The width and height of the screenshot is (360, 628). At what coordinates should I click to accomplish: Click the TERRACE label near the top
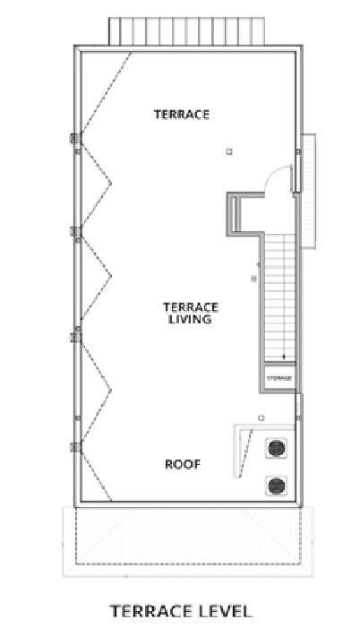click(x=181, y=114)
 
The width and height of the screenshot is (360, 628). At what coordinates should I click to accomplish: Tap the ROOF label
click(x=182, y=464)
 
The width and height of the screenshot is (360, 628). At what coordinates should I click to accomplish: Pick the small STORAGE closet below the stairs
click(x=279, y=378)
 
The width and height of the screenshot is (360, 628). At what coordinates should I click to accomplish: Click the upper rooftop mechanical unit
click(x=276, y=449)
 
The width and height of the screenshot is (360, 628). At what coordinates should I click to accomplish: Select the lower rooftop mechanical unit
click(x=276, y=486)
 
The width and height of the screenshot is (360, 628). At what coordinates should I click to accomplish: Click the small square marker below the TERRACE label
click(x=229, y=151)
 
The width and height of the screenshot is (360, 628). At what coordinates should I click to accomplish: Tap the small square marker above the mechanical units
click(x=261, y=417)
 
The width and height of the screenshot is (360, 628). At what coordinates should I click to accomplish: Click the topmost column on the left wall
click(x=76, y=139)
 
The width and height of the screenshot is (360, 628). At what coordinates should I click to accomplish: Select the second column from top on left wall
click(x=76, y=232)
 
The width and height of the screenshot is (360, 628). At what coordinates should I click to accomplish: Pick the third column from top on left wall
click(x=76, y=336)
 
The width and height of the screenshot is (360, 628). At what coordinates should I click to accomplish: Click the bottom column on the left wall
click(x=76, y=445)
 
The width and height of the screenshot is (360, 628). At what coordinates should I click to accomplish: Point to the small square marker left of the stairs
click(x=253, y=280)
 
